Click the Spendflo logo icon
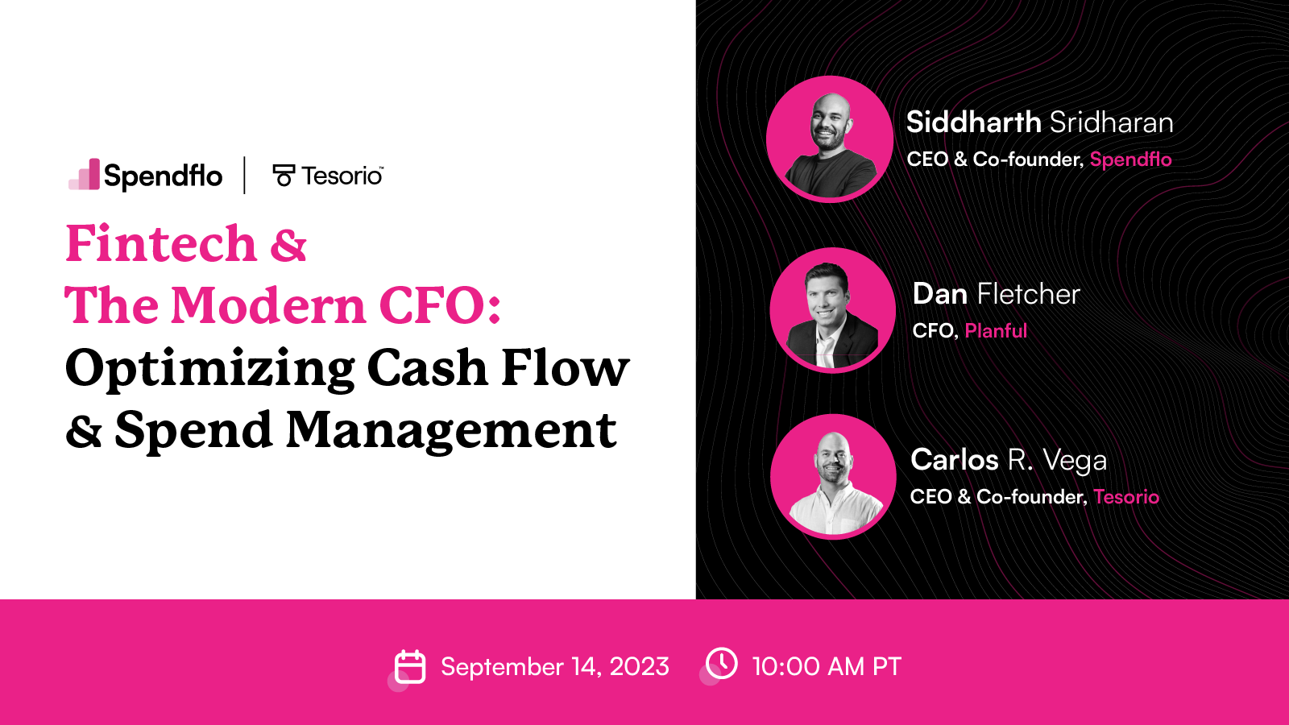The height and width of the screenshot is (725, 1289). [x=85, y=175]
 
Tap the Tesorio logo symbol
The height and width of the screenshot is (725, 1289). [x=284, y=175]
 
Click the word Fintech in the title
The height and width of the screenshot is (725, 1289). [x=161, y=243]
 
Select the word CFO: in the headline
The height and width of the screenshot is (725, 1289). [x=440, y=306]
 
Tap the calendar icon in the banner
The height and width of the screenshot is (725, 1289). [x=410, y=667]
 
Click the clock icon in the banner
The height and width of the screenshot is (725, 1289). [x=722, y=664]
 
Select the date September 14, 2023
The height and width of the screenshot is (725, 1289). [x=555, y=667]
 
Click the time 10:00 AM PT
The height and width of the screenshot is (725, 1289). [x=827, y=667]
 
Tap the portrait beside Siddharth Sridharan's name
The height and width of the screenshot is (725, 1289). [x=830, y=139]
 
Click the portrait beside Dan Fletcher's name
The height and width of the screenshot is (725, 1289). [x=833, y=310]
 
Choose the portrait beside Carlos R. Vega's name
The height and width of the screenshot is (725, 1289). [x=833, y=477]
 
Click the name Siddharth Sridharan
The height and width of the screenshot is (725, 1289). [x=1039, y=122]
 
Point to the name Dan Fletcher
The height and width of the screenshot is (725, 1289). [x=996, y=294]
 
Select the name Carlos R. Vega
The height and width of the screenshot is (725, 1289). [x=1009, y=460]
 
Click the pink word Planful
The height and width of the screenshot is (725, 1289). [x=996, y=331]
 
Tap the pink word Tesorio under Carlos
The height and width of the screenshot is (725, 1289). [x=1126, y=497]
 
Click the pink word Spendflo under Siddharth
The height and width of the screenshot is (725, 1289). [x=1130, y=159]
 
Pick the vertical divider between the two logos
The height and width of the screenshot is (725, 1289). [x=245, y=175]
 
